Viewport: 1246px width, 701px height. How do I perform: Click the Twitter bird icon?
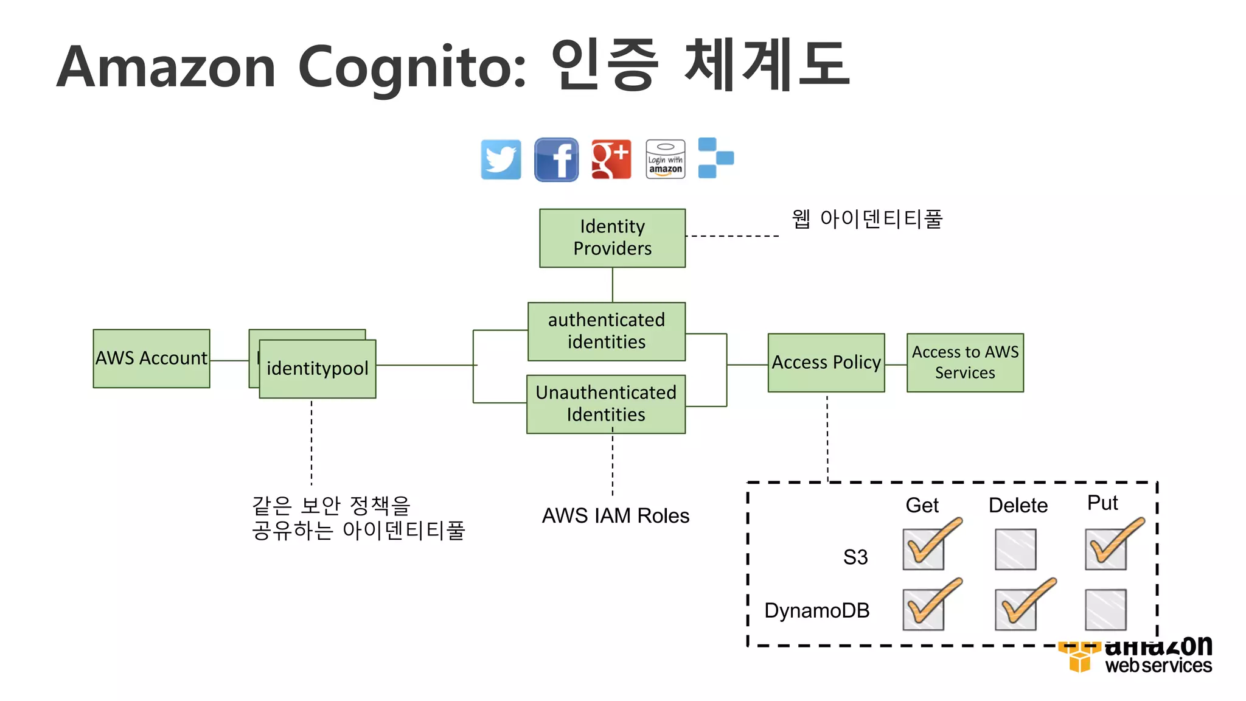point(501,159)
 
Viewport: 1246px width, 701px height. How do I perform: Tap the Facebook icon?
point(556,159)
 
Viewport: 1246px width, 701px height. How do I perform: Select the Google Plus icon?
point(611,159)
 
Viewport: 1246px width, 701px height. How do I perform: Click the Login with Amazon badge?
point(665,159)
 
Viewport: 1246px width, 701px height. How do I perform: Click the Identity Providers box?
point(612,238)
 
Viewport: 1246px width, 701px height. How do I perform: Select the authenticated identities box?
point(606,332)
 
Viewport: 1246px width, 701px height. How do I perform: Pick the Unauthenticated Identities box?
point(606,403)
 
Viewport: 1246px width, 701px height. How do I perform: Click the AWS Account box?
point(151,358)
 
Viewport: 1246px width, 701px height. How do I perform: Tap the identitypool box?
point(318,369)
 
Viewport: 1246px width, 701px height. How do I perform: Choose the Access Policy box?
point(826,363)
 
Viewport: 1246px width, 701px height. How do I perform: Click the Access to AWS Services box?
point(965,363)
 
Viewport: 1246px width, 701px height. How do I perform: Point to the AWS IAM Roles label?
point(616,516)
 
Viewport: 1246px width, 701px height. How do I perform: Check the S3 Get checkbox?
point(923,549)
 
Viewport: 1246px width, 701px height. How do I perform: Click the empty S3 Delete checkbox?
point(1015,549)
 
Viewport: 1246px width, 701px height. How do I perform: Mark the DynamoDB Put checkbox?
point(1105,609)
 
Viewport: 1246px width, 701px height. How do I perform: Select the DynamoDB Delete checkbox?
point(1015,609)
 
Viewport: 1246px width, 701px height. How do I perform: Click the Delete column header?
point(1018,506)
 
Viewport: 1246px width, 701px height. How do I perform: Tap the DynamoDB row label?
point(816,610)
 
